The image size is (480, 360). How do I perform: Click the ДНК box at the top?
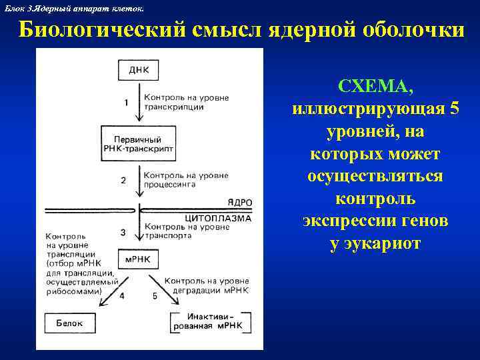tap(139, 69)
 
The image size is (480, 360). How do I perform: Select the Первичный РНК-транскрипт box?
tap(139, 144)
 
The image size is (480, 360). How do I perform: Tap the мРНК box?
tap(138, 258)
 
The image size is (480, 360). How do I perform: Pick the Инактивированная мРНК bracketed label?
tap(210, 321)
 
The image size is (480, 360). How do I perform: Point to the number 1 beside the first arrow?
tap(125, 102)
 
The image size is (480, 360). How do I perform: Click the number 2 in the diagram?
tap(123, 180)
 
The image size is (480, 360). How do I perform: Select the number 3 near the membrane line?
tap(123, 231)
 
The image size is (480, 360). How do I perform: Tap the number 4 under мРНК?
tap(121, 295)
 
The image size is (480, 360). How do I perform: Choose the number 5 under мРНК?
tap(155, 295)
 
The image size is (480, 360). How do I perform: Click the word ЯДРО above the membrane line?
tap(239, 202)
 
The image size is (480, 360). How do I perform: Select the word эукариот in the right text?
tap(375, 243)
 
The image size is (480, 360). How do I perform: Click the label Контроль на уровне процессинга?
tap(186, 180)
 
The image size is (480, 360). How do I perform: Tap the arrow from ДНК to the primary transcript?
tap(139, 102)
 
